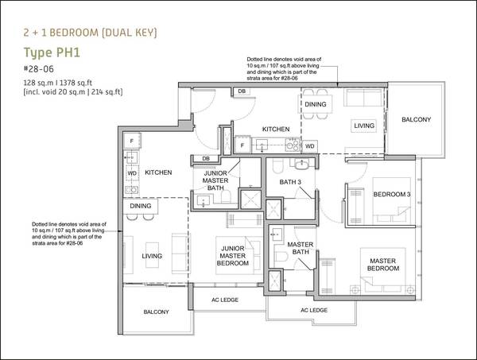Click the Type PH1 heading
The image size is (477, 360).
click(52, 52)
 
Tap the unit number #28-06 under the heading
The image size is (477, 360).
click(39, 69)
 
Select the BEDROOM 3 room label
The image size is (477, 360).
click(392, 194)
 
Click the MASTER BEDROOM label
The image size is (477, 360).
click(383, 265)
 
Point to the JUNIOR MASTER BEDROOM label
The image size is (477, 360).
click(233, 256)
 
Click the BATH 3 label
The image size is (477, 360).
click(290, 182)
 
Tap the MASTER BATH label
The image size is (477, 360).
click(301, 248)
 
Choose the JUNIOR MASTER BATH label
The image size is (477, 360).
click(215, 180)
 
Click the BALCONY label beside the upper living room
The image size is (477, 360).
click(416, 119)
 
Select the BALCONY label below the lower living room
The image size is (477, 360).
click(156, 312)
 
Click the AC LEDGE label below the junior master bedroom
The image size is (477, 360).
click(225, 300)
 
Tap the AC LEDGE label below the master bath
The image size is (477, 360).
click(314, 310)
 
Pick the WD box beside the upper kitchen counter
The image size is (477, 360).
click(310, 146)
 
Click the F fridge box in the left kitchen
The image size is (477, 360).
click(132, 141)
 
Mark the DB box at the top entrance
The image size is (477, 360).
click(242, 91)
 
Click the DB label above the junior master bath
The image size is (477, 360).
click(206, 159)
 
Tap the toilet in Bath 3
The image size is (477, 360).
click(278, 166)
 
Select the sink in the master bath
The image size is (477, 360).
click(277, 234)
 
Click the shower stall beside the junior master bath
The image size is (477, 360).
click(250, 199)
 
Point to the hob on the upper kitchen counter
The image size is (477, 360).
click(293, 145)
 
